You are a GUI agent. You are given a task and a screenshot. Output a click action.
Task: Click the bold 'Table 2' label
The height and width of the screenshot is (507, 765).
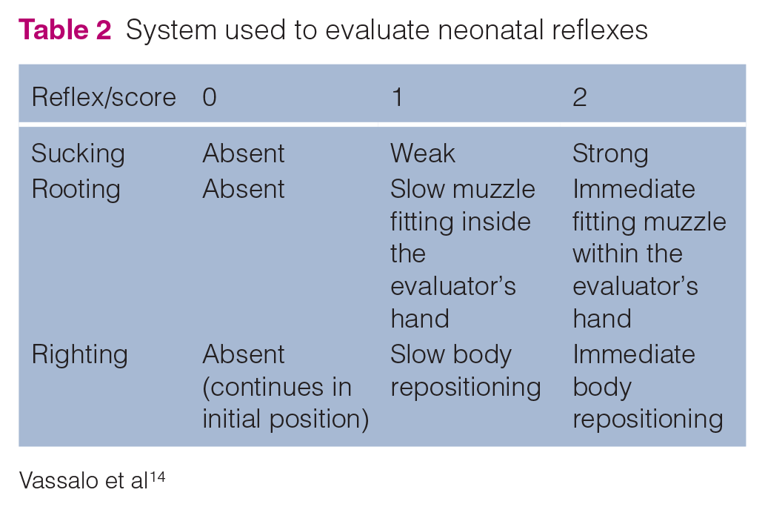pos(65,30)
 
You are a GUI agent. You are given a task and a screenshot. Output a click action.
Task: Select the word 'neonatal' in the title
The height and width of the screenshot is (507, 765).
pos(491,30)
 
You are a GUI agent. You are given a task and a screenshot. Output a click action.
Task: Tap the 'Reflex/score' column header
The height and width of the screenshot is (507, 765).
pos(104,96)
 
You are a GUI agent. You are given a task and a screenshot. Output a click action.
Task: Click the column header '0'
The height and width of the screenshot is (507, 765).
pos(210,96)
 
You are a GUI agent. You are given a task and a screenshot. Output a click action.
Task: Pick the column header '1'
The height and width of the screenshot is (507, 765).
pos(397,96)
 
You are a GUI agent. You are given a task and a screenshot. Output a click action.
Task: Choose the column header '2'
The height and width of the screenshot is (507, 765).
pos(580,96)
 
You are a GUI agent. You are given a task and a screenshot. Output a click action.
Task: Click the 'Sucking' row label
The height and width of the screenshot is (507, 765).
pos(78,154)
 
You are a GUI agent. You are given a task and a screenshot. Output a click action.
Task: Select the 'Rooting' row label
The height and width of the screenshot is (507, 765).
pos(76,190)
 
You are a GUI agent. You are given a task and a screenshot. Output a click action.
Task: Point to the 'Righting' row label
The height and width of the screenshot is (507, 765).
pos(79,354)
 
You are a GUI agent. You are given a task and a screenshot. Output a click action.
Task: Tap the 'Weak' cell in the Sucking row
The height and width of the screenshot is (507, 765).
pos(423,153)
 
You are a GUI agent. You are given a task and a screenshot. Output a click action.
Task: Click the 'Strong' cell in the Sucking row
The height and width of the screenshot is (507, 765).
pos(610,154)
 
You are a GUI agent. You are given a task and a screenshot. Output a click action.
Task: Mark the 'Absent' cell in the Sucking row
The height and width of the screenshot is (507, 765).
pos(244,153)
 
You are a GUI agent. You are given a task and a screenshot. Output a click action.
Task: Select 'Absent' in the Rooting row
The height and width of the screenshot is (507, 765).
pos(244,189)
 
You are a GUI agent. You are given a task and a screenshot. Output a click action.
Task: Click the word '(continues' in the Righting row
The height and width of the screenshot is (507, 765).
pos(263,388)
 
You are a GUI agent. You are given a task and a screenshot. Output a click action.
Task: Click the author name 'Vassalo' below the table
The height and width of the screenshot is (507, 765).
pos(58,480)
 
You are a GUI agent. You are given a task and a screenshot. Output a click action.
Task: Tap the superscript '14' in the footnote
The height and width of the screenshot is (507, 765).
pos(157,476)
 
